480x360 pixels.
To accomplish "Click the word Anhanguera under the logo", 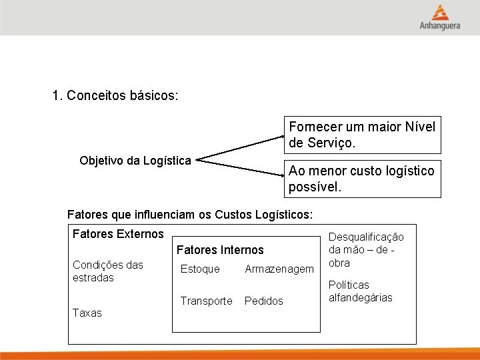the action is (x=440, y=27).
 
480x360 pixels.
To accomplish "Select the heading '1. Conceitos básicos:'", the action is (x=115, y=96).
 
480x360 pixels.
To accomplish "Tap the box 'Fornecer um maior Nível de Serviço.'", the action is (x=362, y=135).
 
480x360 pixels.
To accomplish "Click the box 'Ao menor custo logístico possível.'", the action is (x=362, y=179).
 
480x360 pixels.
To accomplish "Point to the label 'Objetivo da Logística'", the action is (x=135, y=161).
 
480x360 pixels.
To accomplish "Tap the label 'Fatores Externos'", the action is (x=117, y=234).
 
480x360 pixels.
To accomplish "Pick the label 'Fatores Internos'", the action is (x=220, y=251).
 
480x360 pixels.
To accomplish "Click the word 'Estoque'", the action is (x=200, y=269).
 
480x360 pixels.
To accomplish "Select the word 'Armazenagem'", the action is (x=279, y=269).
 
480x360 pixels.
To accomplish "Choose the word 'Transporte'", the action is (x=207, y=301).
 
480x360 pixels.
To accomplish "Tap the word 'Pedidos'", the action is (x=264, y=301).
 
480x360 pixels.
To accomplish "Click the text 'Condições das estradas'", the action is (x=107, y=271).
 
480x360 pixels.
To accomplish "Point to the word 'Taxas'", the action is (x=87, y=313).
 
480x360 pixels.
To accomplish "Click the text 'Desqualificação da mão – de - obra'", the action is (x=366, y=250).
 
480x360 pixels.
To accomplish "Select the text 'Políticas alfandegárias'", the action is (x=361, y=291).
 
